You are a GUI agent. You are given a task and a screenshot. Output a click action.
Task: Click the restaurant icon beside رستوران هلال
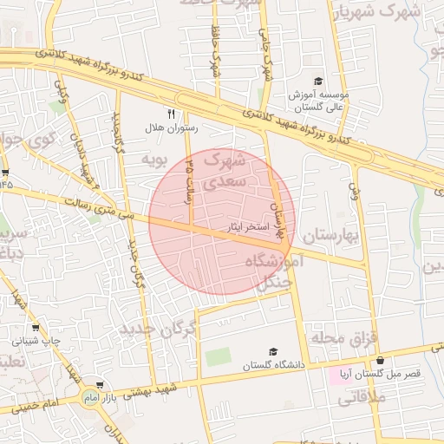point(171,113)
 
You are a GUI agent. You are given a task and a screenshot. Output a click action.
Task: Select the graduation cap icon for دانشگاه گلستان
point(274,351)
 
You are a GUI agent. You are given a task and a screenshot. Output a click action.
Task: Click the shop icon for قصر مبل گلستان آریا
point(379,361)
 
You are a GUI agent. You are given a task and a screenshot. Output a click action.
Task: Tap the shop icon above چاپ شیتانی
point(36,327)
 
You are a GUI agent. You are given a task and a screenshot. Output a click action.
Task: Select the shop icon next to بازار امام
point(101,385)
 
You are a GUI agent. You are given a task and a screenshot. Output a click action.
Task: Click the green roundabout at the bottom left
point(90,396)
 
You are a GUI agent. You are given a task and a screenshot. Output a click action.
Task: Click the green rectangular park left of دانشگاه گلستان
point(219,356)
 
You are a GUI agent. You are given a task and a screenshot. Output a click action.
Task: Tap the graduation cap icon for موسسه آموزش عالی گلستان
point(318,81)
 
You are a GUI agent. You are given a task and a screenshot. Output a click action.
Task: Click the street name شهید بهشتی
point(153,389)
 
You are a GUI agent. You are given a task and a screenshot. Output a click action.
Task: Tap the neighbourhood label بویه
point(153,160)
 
